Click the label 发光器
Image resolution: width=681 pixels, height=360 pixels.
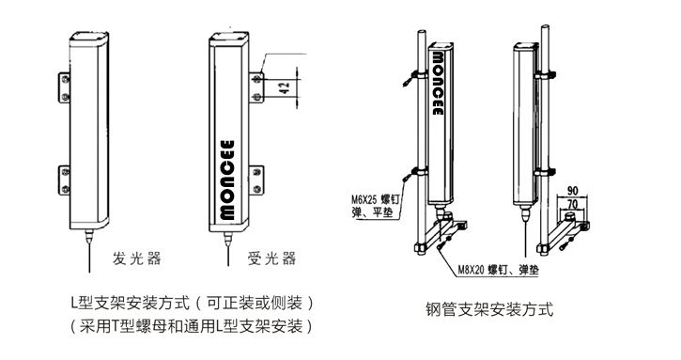[137, 258]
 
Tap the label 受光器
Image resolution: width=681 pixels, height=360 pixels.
[271, 258]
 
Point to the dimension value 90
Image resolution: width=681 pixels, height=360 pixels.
[573, 191]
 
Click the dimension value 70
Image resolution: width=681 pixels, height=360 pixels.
[573, 203]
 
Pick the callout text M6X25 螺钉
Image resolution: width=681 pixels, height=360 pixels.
[375, 200]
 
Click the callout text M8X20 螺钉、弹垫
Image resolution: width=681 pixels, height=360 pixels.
[499, 270]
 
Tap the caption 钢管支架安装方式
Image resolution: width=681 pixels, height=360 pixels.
[490, 309]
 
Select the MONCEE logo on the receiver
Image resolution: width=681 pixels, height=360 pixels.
[227, 180]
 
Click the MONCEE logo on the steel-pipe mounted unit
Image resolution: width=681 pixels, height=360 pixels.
[438, 84]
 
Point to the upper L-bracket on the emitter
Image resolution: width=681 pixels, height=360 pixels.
[64, 87]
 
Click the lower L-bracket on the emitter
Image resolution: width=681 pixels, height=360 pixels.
[64, 180]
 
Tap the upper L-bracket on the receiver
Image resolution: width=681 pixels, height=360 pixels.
[257, 87]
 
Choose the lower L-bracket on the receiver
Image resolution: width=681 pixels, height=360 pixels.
[257, 180]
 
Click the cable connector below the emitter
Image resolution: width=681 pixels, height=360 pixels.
[89, 237]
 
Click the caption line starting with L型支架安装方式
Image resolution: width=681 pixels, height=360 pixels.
[192, 303]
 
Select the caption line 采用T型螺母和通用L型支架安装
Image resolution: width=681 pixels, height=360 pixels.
[192, 325]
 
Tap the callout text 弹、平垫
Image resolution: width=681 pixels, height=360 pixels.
[372, 213]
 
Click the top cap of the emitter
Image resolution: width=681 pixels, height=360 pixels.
[89, 37]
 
